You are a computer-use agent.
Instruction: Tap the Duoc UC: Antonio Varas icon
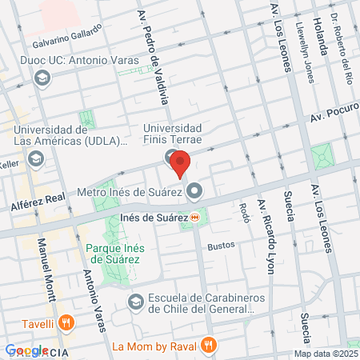tap(42, 78)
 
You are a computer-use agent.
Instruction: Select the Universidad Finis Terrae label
tap(173, 134)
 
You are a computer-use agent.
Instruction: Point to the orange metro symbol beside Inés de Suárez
tap(195, 217)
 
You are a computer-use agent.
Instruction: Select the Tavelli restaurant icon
tap(66, 324)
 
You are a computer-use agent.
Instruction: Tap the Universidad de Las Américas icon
tap(35, 160)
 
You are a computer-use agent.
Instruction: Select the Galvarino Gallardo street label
tap(68, 36)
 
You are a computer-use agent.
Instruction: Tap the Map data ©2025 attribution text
tap(325, 354)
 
